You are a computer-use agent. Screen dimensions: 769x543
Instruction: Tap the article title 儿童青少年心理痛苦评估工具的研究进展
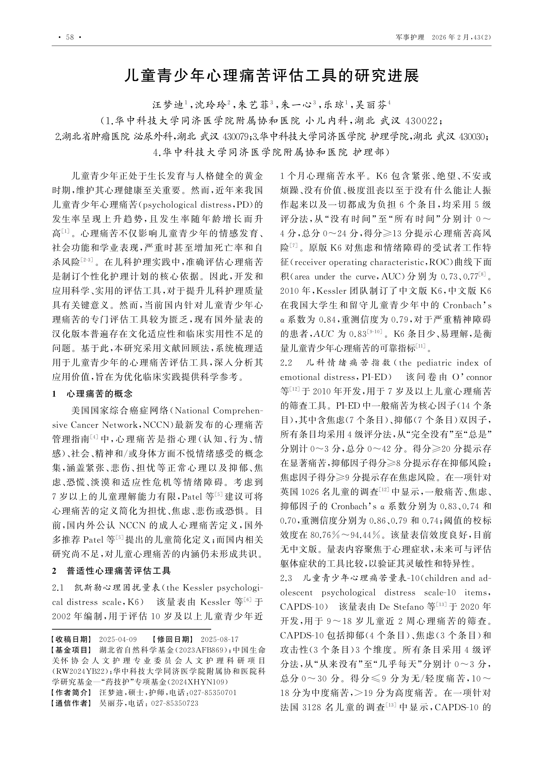[x=271, y=76]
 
